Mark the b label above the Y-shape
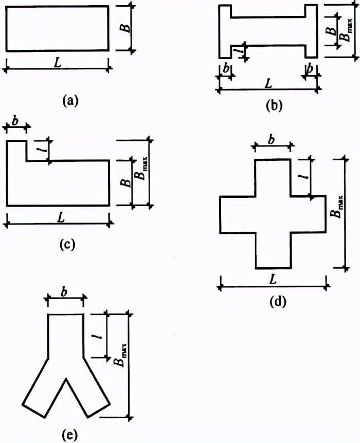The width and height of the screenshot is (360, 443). pos(65,291)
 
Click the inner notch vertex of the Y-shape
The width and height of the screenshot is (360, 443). pos(66,380)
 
